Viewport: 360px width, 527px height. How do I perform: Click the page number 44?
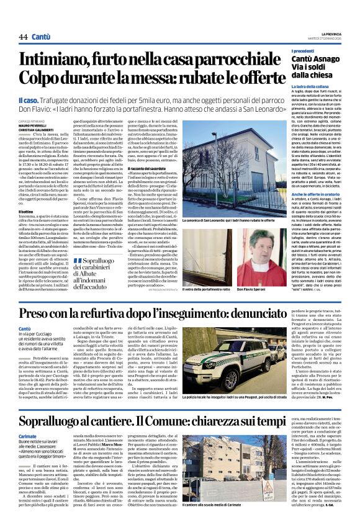pos(23,37)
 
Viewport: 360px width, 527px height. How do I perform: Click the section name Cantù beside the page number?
pos(43,37)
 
